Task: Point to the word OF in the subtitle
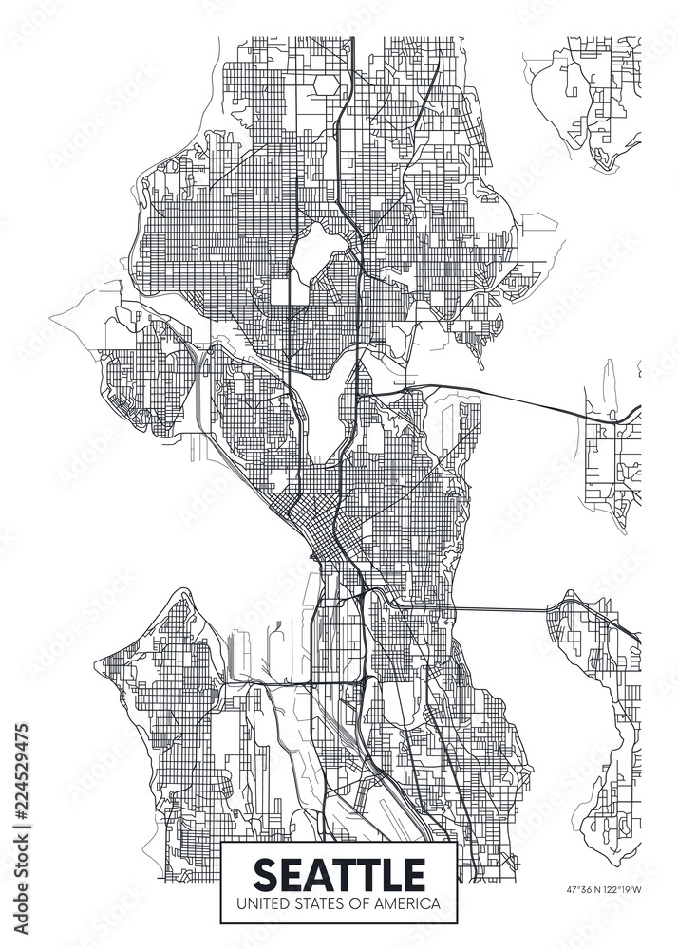pos(357,903)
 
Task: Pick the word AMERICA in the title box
pos(405,903)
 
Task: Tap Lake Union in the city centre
pos(328,418)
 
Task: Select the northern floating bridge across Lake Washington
pos(513,396)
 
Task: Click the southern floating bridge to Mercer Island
pos(503,607)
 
